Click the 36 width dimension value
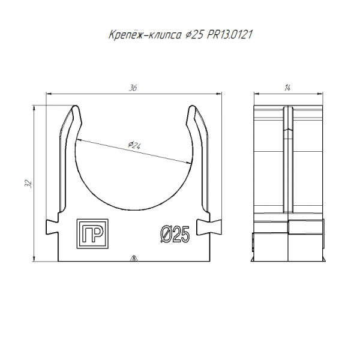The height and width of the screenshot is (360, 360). click(x=133, y=88)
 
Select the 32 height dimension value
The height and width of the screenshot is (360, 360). click(x=28, y=184)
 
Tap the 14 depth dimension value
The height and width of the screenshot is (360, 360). click(x=287, y=88)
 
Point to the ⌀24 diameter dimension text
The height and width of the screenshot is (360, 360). click(x=134, y=145)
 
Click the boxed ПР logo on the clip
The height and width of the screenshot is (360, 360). click(x=92, y=234)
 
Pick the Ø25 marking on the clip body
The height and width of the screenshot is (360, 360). click(x=175, y=234)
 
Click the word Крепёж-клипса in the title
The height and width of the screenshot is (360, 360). click(x=145, y=35)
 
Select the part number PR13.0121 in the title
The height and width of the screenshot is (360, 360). click(x=230, y=35)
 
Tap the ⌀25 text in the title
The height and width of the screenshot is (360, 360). click(x=194, y=35)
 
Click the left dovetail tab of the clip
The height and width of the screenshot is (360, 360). click(x=52, y=226)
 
